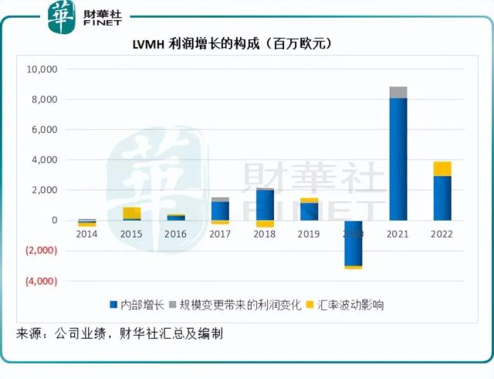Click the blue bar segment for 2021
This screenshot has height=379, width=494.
pos(398,158)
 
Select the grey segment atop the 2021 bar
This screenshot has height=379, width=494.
pos(398,93)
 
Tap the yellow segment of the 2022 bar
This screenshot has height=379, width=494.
pos(442,168)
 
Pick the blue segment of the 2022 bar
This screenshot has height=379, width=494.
pos(442,198)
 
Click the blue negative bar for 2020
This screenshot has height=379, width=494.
pos(353,242)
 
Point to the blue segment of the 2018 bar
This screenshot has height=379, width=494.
pos(265,205)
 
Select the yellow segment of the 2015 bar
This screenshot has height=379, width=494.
pos(132,213)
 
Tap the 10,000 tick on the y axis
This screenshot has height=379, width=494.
pos(42,69)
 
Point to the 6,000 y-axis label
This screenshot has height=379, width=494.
pos(44,130)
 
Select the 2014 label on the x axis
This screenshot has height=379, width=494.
pos(87,234)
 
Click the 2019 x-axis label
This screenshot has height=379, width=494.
pos(309,234)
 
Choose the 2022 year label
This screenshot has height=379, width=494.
pos(442,234)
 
